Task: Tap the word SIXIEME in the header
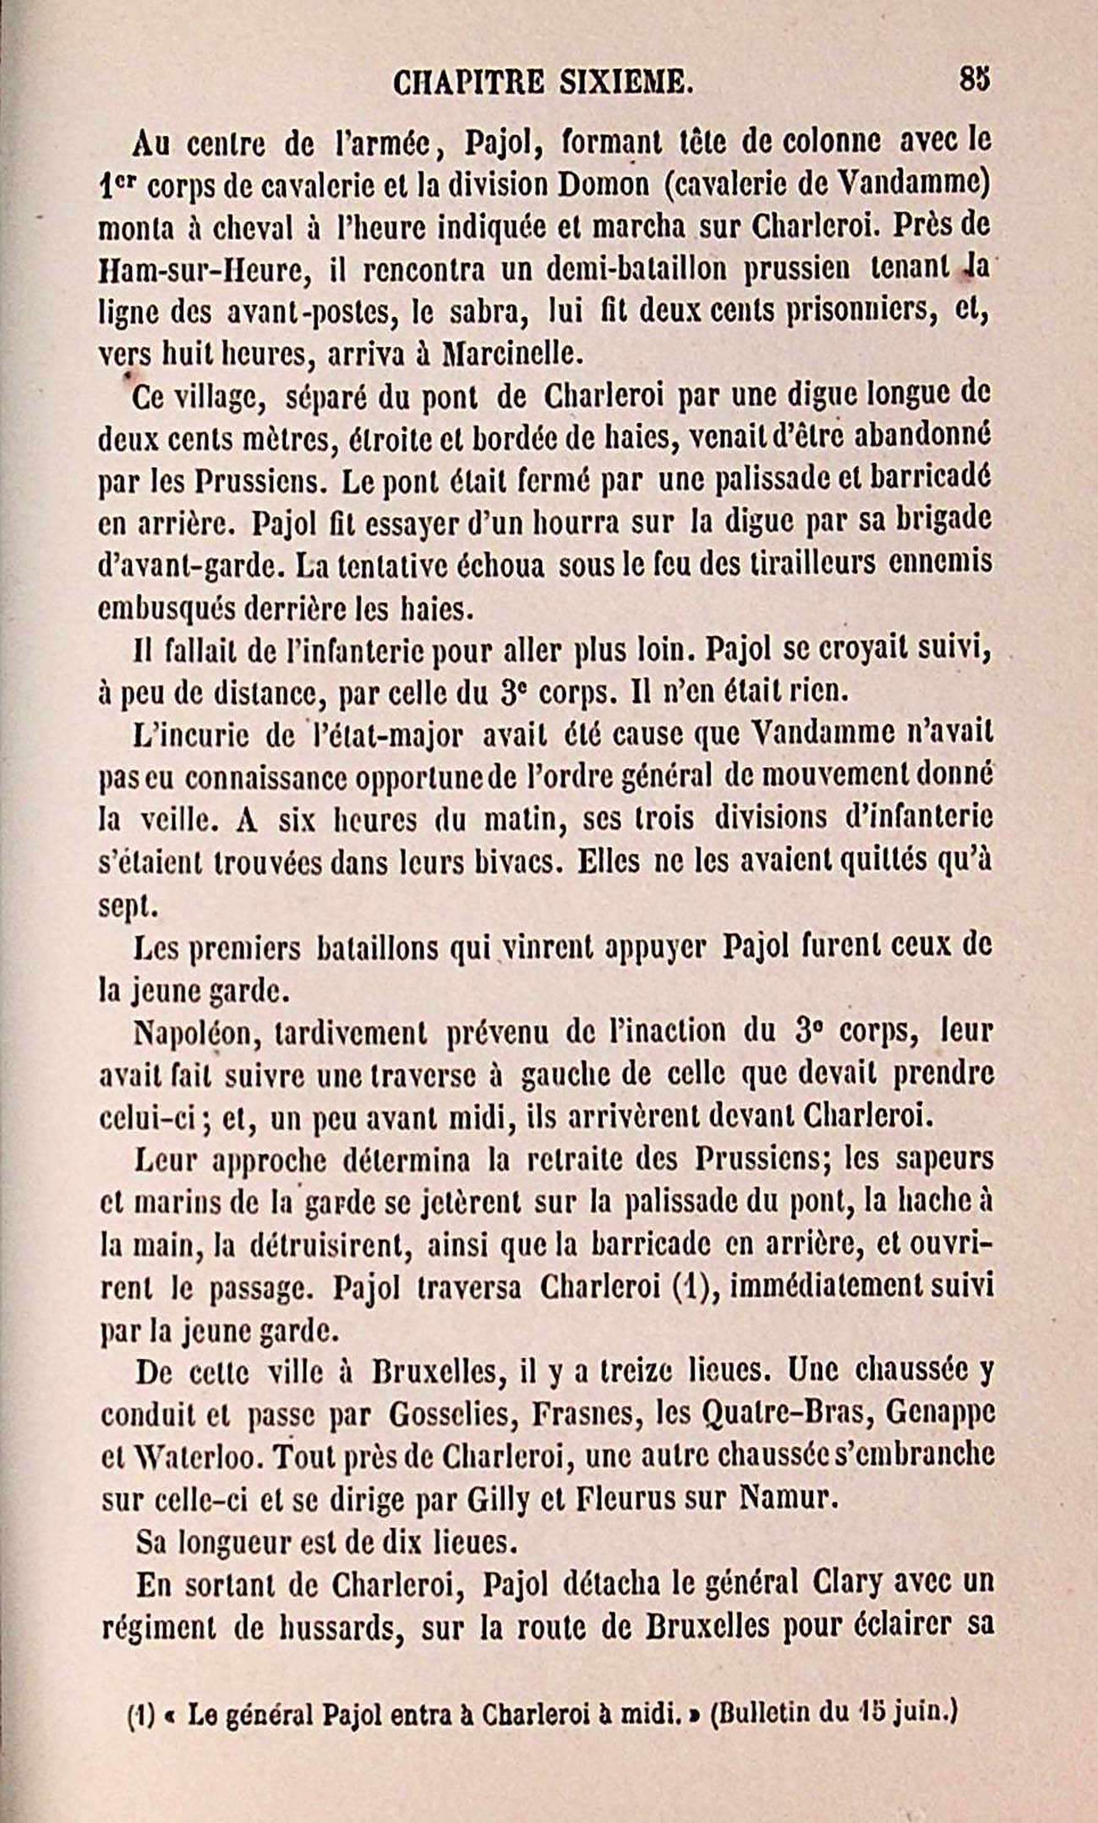(626, 84)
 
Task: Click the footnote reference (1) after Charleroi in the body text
(693, 1288)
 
